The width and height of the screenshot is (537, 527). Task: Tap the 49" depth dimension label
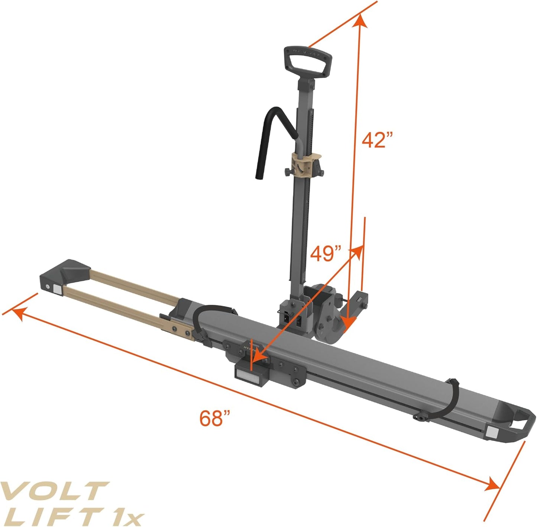326,254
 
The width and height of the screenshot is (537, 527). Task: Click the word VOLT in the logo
54,491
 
